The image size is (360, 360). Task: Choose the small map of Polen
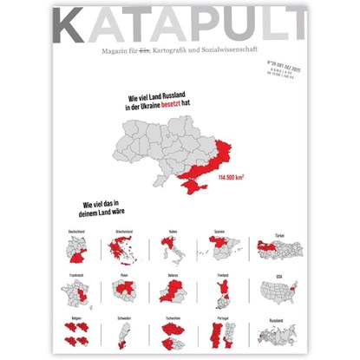point(124,295)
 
